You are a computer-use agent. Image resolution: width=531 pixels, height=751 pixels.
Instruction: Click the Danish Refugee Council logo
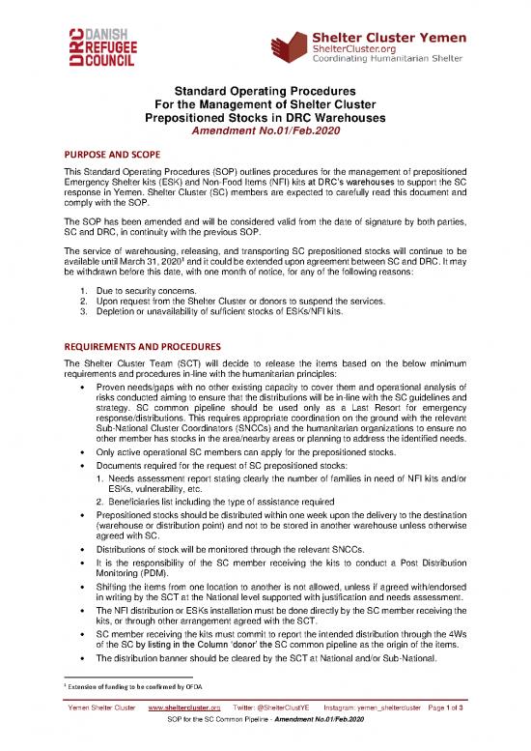point(88,44)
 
